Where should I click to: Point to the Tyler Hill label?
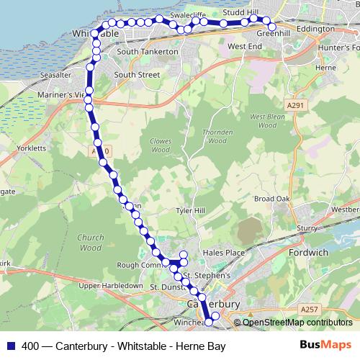point(192,210)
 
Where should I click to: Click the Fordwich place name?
point(308,253)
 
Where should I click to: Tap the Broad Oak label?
point(271,199)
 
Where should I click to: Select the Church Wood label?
point(91,242)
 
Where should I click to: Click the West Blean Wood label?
point(263,120)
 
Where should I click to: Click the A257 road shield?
point(309,310)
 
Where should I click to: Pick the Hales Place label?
point(225,253)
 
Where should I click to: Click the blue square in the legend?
point(10,346)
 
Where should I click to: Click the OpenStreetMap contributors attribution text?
point(297,323)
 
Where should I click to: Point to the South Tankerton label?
point(147,52)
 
